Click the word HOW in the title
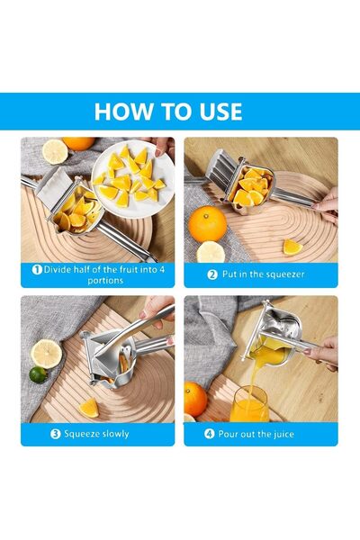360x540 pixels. tap(123, 112)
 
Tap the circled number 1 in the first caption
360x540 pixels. tap(37, 269)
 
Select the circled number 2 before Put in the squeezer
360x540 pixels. tap(212, 274)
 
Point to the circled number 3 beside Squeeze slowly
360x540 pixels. tap(56, 434)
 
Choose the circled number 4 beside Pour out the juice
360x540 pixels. tap(209, 434)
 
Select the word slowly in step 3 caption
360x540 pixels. tap(112, 434)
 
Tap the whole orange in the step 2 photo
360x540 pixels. tap(208, 222)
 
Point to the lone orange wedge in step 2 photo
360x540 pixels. tap(292, 246)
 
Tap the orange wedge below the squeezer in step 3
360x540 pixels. tap(88, 407)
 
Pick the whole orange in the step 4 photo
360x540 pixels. tap(195, 399)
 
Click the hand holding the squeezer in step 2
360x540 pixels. tap(327, 204)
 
